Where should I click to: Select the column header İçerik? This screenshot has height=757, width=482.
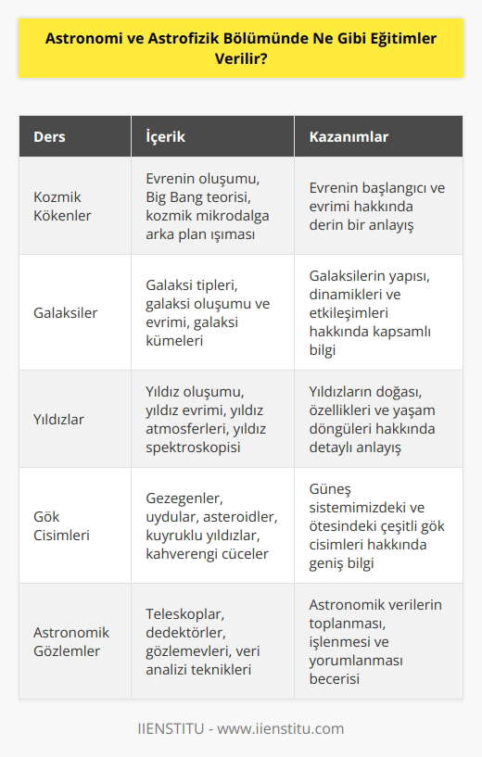166,137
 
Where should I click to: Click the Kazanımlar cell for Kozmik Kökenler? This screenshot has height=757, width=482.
377,206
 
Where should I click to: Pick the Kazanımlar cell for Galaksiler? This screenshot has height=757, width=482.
375,314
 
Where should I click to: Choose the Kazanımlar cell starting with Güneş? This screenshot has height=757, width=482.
376,524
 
